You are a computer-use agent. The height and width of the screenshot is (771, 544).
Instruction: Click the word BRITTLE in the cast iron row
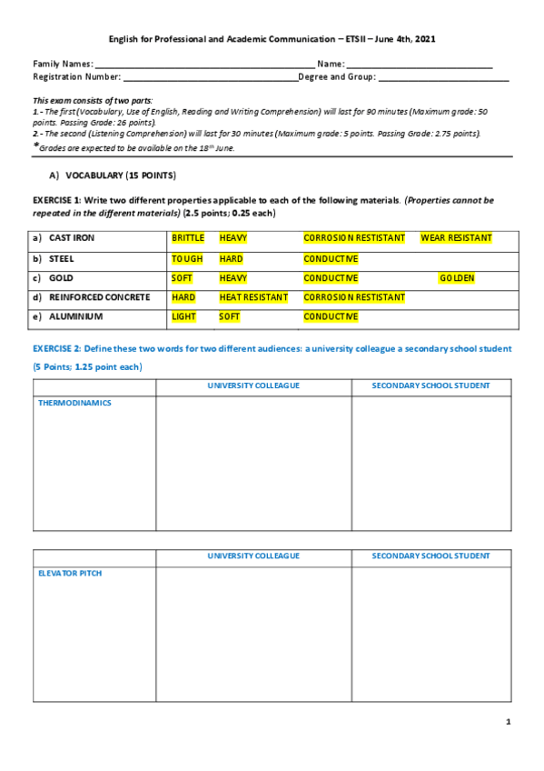pyautogui.click(x=188, y=238)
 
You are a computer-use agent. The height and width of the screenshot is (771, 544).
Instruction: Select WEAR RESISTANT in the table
pyautogui.click(x=456, y=238)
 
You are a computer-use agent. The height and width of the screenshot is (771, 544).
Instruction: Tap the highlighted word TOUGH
pyautogui.click(x=187, y=258)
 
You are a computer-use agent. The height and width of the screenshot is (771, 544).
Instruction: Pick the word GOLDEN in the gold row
pyautogui.click(x=456, y=278)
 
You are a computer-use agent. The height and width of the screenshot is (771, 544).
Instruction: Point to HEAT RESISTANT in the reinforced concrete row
pyautogui.click(x=253, y=297)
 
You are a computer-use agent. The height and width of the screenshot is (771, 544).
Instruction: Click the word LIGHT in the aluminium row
pyautogui.click(x=183, y=317)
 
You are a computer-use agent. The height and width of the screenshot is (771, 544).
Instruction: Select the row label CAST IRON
pyautogui.click(x=72, y=238)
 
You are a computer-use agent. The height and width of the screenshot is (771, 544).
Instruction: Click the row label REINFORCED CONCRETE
pyautogui.click(x=99, y=297)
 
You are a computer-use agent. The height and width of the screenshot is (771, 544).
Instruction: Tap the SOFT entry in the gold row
pyautogui.click(x=183, y=278)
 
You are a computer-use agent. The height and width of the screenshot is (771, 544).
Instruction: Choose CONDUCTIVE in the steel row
pyautogui.click(x=331, y=258)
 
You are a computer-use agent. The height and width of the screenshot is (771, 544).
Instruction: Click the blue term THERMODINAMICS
pyautogui.click(x=74, y=403)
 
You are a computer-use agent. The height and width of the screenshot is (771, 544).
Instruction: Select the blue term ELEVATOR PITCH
pyautogui.click(x=70, y=574)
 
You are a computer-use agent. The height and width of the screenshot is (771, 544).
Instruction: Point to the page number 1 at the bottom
pyautogui.click(x=509, y=722)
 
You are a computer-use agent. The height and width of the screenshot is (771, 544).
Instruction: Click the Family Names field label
pyautogui.click(x=63, y=64)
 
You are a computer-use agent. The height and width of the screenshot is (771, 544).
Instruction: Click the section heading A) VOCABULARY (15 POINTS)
pyautogui.click(x=113, y=175)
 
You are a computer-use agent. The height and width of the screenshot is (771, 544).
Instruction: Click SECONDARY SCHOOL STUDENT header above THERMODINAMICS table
pyautogui.click(x=430, y=385)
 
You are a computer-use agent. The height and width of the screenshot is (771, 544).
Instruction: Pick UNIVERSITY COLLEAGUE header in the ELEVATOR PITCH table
pyautogui.click(x=253, y=556)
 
